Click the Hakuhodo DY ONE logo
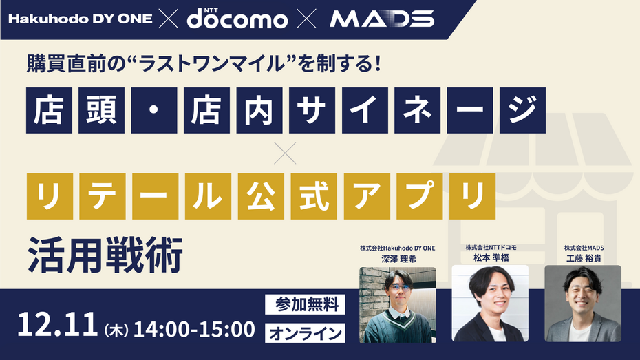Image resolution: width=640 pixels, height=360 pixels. [80, 19]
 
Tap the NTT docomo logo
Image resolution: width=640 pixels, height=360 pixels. [237, 19]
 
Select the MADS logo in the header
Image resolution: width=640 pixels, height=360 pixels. [382, 19]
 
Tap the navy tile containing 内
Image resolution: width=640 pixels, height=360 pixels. [259, 110]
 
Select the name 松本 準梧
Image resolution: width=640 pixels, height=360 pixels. [490, 257]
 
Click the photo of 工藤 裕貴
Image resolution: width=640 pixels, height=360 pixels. [583, 304]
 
